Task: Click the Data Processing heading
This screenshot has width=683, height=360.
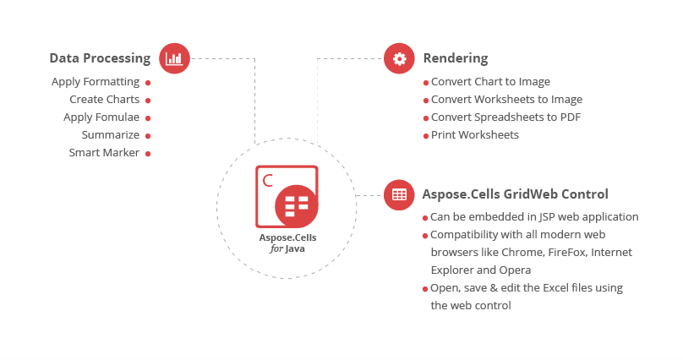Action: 100,58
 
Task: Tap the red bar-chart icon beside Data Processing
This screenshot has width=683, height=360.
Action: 174,58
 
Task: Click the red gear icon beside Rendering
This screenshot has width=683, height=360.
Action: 399,58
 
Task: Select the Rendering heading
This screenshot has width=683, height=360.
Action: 455,58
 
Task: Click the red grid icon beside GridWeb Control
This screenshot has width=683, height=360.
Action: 399,194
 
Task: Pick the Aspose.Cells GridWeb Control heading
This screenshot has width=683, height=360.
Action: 515,194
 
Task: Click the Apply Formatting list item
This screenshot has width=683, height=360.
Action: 95,82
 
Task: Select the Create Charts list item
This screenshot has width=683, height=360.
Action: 104,100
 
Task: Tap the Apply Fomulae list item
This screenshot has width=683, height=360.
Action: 101,117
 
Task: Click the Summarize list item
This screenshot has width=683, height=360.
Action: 110,135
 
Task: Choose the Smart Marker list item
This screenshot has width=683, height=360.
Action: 104,153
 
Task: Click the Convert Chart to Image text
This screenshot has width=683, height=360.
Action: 490,82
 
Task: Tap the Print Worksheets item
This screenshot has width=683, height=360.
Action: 474,135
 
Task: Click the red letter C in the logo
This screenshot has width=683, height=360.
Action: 268,179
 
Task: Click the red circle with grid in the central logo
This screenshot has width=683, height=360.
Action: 296,206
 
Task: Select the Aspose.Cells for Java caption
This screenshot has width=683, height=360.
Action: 287,243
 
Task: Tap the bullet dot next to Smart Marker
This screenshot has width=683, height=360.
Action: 148,154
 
